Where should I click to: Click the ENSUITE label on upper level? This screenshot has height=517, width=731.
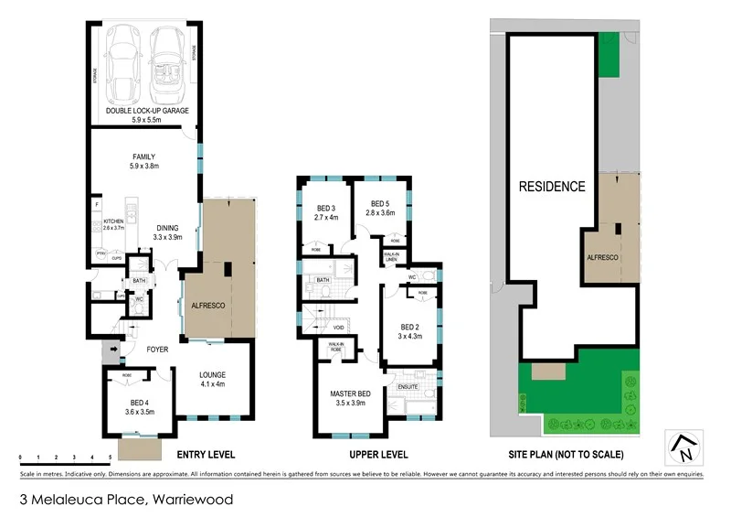(408, 387)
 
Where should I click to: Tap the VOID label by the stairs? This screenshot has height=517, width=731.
(338, 327)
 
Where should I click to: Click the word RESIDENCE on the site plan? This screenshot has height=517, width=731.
(552, 187)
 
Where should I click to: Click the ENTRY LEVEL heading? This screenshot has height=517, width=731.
(206, 455)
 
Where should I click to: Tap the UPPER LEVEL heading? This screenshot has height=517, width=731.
(378, 455)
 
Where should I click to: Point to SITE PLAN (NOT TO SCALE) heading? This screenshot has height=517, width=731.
(566, 455)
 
